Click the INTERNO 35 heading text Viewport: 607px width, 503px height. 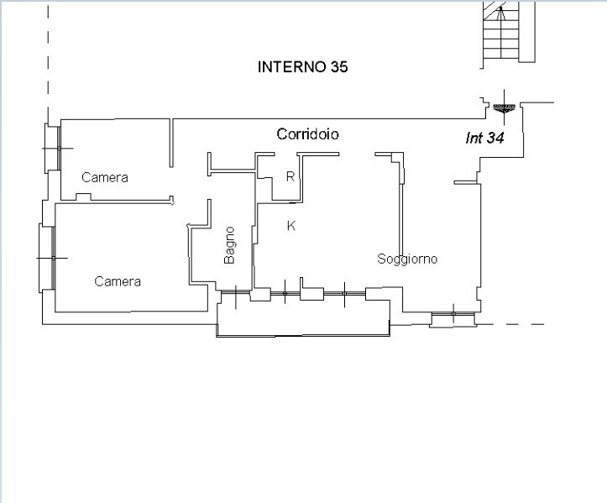[302, 67]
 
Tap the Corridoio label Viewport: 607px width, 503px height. [308, 134]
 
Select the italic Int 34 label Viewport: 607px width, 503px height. [484, 139]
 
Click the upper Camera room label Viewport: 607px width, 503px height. [105, 177]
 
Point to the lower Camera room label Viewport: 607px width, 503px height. [118, 281]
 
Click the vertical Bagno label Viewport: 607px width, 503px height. [229, 246]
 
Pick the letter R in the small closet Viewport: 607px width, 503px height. [290, 176]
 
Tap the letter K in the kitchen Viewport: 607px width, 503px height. [291, 225]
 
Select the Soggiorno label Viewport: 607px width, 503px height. [407, 259]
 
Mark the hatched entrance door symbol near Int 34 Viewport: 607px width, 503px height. [504, 107]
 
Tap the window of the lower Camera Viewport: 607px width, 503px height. [47, 258]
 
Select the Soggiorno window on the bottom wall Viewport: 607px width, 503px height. [453, 317]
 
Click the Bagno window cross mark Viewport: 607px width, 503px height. [236, 293]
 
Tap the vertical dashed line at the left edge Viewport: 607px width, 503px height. [47, 50]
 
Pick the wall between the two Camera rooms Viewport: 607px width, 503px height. [113, 201]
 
